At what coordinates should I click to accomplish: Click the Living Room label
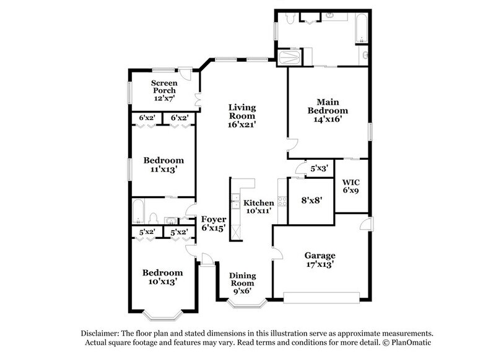point(241,116)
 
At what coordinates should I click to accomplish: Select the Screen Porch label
point(165,90)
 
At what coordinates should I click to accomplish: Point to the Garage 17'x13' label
point(320,259)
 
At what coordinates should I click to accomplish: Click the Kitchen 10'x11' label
point(258,207)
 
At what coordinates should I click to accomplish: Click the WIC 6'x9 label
point(351,187)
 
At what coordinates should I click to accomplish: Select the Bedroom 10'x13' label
point(162,277)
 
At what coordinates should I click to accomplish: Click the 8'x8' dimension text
point(311,201)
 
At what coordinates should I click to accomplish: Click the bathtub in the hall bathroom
point(139,211)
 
